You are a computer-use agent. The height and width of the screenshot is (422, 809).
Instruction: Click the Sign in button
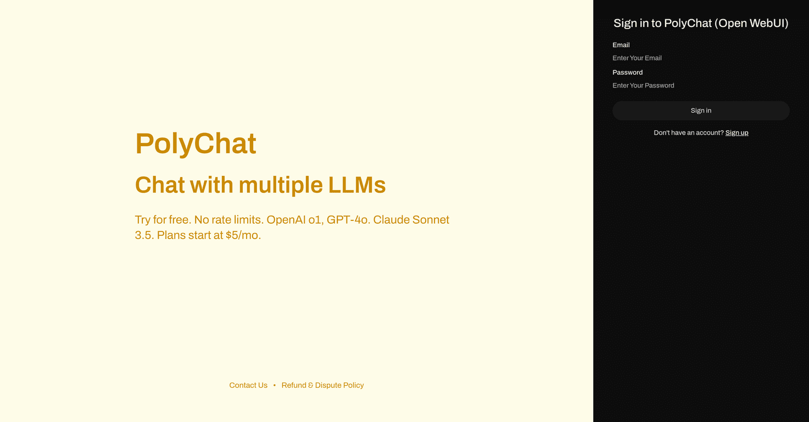701,110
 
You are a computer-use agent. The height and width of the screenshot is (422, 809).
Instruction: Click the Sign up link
737,132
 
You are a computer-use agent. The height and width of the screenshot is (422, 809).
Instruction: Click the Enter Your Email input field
701,58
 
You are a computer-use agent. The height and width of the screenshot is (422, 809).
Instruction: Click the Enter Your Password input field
701,85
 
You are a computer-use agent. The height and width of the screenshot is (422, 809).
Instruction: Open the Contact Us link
248,385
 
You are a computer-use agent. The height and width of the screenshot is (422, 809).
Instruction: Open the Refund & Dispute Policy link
322,385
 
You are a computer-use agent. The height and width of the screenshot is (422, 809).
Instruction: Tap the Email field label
621,45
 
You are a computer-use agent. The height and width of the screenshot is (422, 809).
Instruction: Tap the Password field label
627,73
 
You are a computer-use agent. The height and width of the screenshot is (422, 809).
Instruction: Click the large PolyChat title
196,144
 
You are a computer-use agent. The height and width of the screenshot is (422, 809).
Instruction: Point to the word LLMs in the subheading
357,185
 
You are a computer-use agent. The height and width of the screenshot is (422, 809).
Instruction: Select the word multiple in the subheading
281,186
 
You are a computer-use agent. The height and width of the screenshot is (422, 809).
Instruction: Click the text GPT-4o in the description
348,220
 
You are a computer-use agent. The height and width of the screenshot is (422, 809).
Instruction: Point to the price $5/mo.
243,235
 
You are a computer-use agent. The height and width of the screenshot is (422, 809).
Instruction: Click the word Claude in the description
391,220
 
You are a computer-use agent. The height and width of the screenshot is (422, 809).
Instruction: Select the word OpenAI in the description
286,220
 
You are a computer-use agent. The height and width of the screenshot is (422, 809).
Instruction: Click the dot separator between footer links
275,385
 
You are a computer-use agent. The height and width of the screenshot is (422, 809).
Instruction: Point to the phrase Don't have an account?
688,132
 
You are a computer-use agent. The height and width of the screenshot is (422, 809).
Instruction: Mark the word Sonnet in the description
431,220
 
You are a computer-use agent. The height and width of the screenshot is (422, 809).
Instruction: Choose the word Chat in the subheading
160,185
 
